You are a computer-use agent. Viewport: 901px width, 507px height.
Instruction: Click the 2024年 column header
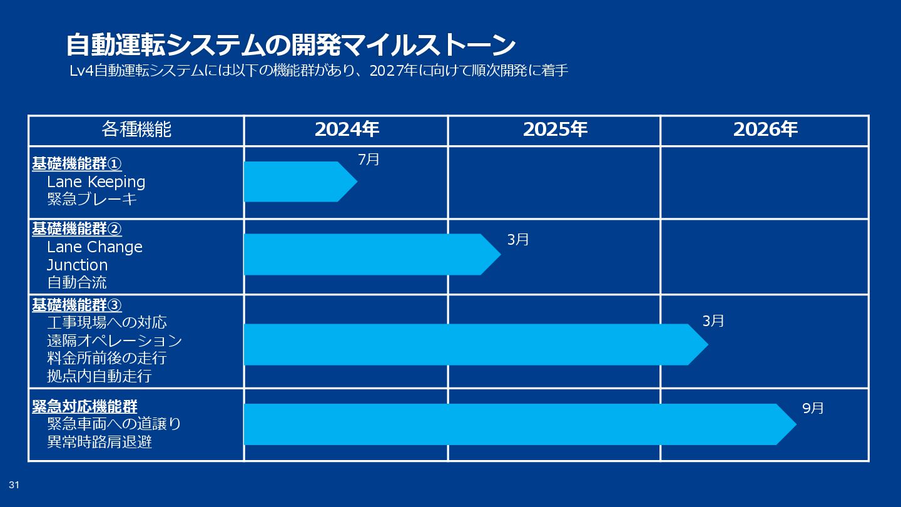pyautogui.click(x=347, y=130)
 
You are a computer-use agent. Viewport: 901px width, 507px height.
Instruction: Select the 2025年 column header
pyautogui.click(x=555, y=130)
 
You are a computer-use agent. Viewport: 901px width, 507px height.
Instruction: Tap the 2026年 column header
pyautogui.click(x=765, y=130)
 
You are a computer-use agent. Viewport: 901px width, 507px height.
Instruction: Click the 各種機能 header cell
pyautogui.click(x=136, y=130)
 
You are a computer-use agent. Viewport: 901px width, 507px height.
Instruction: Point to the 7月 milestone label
pyautogui.click(x=369, y=160)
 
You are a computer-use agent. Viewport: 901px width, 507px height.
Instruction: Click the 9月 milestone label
pyautogui.click(x=813, y=408)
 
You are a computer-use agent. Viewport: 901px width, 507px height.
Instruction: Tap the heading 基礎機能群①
pyautogui.click(x=77, y=163)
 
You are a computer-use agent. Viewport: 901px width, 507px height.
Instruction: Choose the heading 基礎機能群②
pyautogui.click(x=77, y=228)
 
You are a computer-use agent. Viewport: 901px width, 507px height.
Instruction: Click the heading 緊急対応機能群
pyautogui.click(x=84, y=406)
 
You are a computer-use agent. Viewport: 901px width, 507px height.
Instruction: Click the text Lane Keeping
pyautogui.click(x=96, y=182)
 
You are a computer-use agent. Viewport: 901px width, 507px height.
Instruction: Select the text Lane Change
pyautogui.click(x=94, y=247)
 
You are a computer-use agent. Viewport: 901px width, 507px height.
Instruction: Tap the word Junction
pyautogui.click(x=77, y=265)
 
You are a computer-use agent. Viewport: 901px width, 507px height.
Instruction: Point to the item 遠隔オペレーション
pyautogui.click(x=115, y=341)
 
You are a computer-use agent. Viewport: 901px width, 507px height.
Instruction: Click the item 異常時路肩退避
pyautogui.click(x=99, y=442)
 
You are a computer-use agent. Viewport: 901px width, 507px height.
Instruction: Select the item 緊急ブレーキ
pyautogui.click(x=92, y=200)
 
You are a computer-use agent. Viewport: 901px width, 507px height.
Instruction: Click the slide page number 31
pyautogui.click(x=14, y=485)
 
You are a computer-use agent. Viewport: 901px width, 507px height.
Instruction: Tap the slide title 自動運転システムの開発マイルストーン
pyautogui.click(x=290, y=45)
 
